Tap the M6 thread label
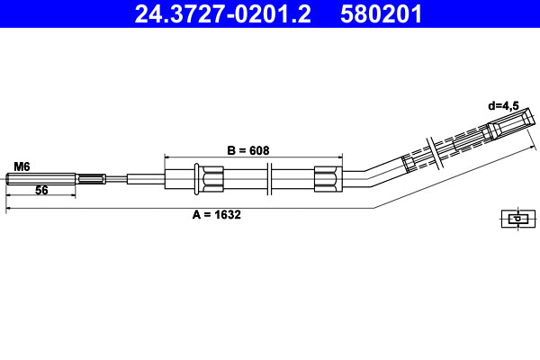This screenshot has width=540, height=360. [22, 166]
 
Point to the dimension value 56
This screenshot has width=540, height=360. [41, 191]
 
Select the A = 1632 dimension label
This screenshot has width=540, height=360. [217, 215]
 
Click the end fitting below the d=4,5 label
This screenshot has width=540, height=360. [506, 125]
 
